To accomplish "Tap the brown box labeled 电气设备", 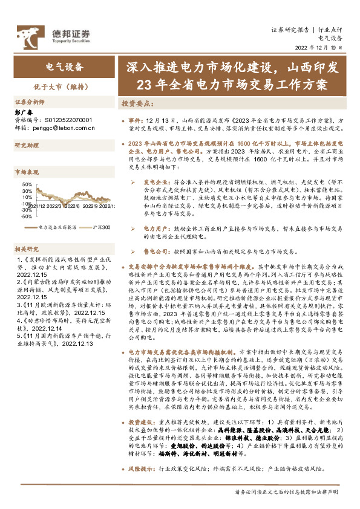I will coord(64,66).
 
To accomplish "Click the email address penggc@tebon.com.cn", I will coord(64,128).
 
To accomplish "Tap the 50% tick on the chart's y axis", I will coord(27,184).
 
